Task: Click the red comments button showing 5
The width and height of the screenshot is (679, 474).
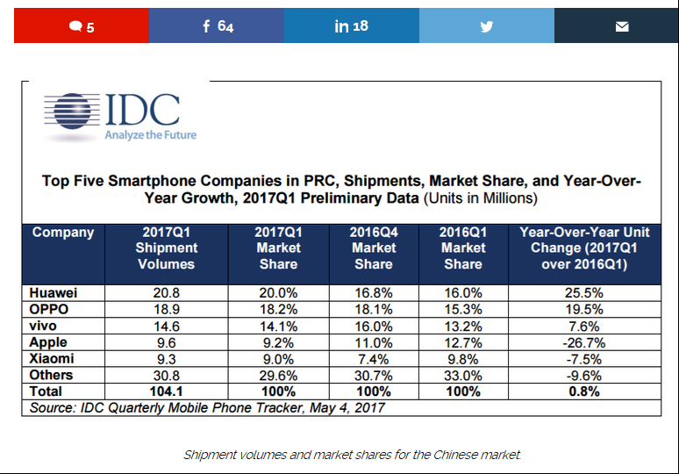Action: point(82,25)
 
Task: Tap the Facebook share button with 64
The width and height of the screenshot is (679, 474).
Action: point(217,25)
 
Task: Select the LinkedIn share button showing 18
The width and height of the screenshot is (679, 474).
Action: point(352,25)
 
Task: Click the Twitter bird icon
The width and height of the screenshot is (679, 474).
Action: point(487,26)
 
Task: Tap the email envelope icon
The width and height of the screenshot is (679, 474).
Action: point(622,27)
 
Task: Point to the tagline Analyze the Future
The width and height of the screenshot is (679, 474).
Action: point(150,135)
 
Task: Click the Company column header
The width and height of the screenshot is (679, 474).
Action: point(63,233)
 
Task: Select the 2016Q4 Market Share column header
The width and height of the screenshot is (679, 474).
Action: point(374,248)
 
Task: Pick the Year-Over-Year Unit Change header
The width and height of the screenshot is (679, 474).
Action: point(584,248)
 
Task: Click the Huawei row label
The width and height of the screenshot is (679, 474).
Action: point(53,293)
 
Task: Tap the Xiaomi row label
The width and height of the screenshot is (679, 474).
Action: point(52,359)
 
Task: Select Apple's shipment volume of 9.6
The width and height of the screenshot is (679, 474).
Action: point(167,342)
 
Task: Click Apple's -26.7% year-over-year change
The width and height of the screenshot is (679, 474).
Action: point(583,342)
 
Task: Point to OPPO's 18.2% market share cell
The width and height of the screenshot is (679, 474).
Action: point(278,309)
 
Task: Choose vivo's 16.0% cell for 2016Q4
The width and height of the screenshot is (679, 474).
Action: point(374,327)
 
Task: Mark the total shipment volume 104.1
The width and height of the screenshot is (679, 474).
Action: point(167,391)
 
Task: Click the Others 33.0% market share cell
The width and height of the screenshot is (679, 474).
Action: point(463,375)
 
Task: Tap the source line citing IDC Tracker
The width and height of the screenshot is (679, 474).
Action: point(207,407)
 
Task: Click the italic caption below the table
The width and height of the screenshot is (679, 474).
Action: point(352,455)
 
